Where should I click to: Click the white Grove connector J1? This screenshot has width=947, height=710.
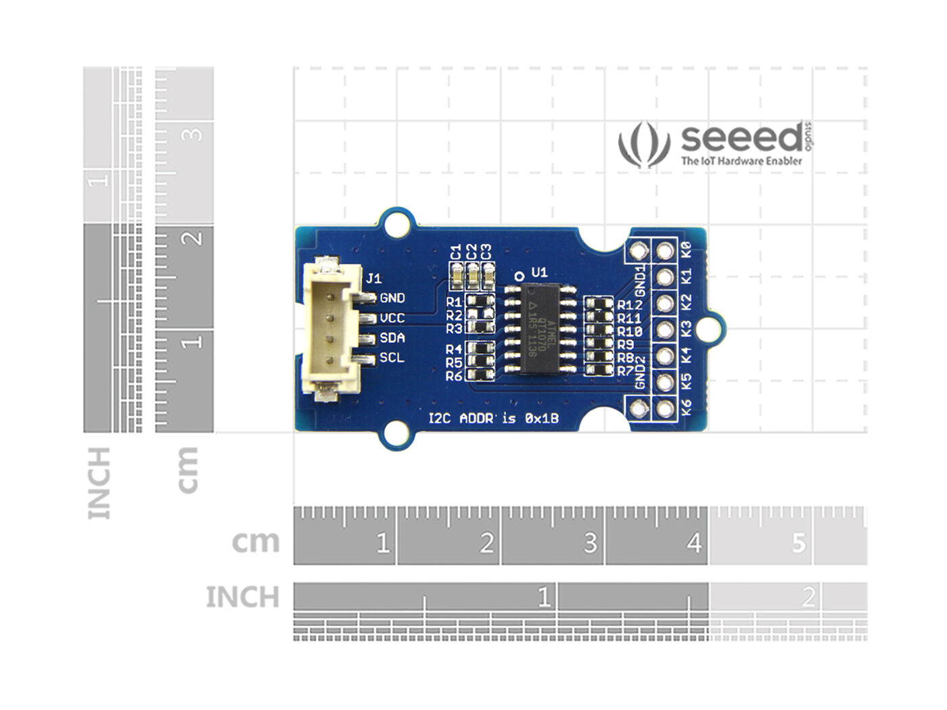coord(328,328)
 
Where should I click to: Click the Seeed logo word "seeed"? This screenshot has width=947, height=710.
coord(741,139)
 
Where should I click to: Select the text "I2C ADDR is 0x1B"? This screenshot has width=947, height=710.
coord(494,419)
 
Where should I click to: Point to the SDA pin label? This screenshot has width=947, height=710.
coord(392,338)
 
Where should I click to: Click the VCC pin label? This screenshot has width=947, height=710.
coord(392,318)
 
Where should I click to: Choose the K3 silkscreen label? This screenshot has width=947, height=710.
coord(687,329)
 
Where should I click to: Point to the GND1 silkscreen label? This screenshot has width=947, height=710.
coord(641,277)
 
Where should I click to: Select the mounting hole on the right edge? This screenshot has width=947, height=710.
coord(709,328)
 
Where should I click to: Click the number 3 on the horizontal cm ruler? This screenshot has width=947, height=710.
coord(591,542)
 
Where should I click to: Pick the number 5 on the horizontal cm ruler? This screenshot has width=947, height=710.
coord(799,542)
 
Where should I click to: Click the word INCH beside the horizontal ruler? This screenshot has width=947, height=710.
coord(242,598)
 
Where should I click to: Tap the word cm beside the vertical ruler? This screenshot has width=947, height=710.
coord(187,470)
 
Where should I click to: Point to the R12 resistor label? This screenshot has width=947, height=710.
coord(629,305)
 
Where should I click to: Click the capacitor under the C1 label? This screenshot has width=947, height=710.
coord(457,274)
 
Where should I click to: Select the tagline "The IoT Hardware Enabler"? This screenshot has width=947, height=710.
coord(741,161)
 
